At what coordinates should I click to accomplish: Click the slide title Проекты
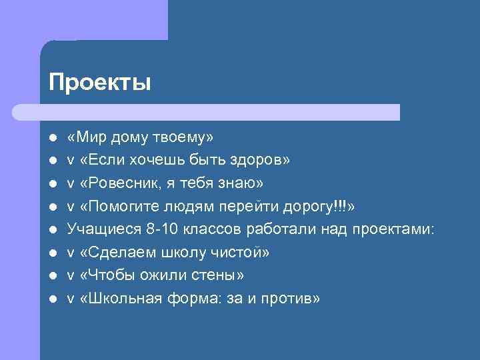(x=100, y=83)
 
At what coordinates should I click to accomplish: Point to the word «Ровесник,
(x=115, y=183)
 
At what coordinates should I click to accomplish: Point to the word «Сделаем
(x=114, y=253)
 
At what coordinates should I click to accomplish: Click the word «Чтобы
(x=105, y=275)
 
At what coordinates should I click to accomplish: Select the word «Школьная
(x=119, y=299)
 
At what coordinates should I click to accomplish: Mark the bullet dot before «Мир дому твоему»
(x=52, y=138)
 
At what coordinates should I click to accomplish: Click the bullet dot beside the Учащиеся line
(x=52, y=230)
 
